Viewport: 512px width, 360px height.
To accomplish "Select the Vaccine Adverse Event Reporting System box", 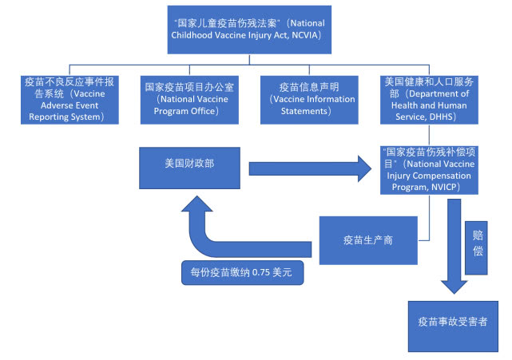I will coord(71,99).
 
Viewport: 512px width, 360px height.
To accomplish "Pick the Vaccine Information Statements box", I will coord(308,99).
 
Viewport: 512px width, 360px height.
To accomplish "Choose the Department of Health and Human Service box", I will coord(430,99).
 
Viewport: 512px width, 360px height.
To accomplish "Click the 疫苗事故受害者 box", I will coord(454,324).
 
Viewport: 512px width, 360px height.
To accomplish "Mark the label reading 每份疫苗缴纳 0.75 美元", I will coord(243,272).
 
